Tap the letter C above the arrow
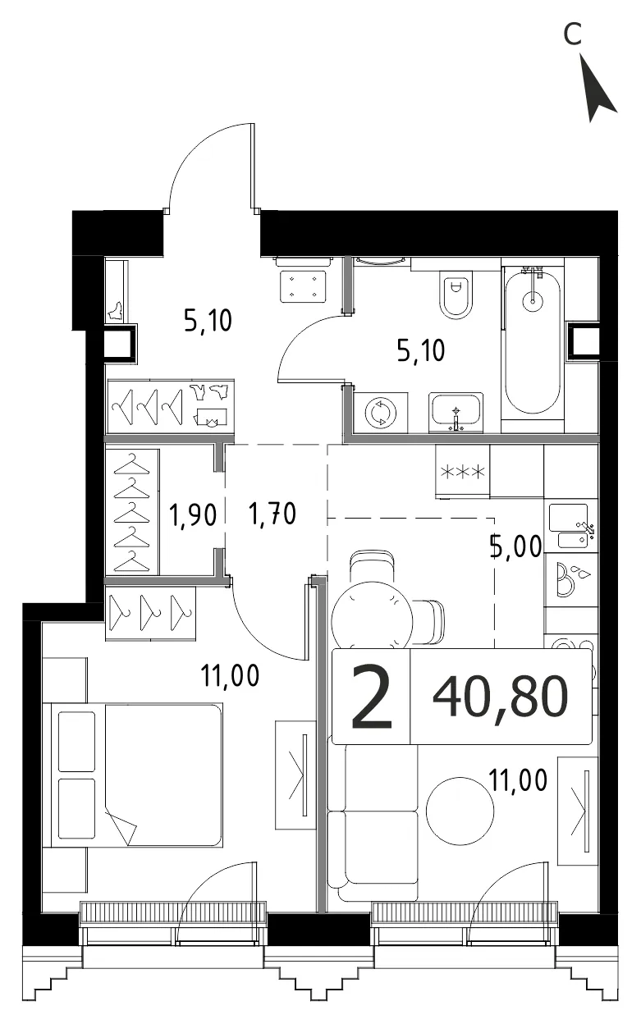571,34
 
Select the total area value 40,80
500,697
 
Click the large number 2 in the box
371,697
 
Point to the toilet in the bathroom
456,293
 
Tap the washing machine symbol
380,413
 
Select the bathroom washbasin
456,411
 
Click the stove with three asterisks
462,471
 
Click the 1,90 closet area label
193,515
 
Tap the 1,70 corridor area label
272,514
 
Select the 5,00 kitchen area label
516,546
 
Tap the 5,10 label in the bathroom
420,350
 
